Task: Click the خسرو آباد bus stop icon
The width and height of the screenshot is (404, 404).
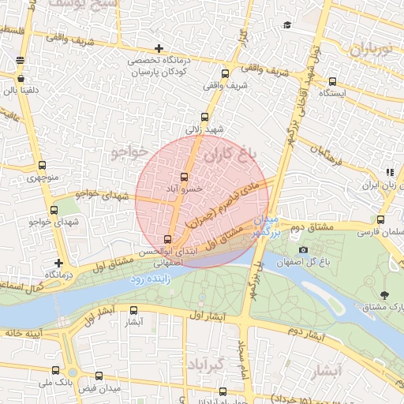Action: click(x=185, y=177)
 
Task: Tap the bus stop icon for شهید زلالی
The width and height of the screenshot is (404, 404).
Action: click(x=205, y=117)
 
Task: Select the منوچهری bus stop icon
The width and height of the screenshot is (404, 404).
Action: click(x=42, y=166)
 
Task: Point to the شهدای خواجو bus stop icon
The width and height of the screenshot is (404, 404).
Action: click(x=54, y=210)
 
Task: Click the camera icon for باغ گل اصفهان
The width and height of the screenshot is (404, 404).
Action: click(x=303, y=250)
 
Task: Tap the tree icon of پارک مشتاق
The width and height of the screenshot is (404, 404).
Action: click(x=384, y=295)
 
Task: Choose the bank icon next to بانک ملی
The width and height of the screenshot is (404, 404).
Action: click(x=54, y=370)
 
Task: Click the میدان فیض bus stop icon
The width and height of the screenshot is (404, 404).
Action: click(x=99, y=376)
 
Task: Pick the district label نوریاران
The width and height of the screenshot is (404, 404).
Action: click(x=368, y=48)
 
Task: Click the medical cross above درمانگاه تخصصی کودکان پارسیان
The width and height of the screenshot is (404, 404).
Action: click(x=159, y=48)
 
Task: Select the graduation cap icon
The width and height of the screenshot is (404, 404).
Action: click(x=287, y=25)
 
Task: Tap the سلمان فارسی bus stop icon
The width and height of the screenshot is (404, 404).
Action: click(x=380, y=220)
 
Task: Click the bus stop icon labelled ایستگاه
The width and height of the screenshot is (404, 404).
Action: click(x=332, y=80)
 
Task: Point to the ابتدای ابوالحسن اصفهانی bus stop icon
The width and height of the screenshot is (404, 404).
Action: click(x=167, y=239)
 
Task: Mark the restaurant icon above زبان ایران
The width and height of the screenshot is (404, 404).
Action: click(x=389, y=172)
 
